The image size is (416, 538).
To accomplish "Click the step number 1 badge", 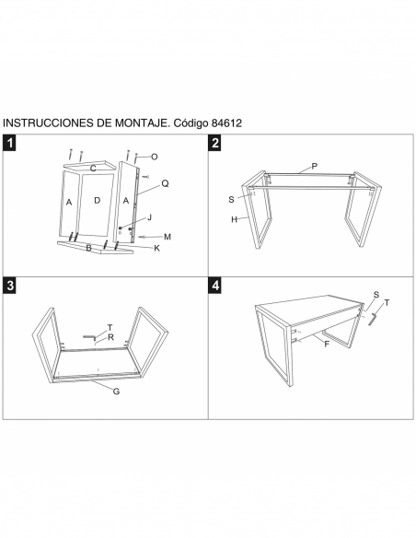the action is point(10,143).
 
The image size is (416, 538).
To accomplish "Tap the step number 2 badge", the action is point(215,143).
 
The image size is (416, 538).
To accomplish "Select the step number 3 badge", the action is point(10,286).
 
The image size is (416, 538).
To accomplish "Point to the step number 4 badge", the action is point(215,286).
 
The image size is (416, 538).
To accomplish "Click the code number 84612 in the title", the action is point(226,123).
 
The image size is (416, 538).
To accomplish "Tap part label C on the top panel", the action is point(93,169).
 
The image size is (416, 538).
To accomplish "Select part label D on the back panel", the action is point(98,200).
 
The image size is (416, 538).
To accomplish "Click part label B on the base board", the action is point(88,248).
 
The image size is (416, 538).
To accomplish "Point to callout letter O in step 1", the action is point(155,157).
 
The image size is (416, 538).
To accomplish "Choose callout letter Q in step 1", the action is point(165,184).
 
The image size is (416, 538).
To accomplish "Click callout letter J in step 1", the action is point(149,217).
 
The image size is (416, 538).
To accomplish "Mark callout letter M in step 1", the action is point(168,237).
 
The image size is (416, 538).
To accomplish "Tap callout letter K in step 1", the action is point(157,249).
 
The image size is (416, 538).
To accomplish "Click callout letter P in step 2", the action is point(314,167).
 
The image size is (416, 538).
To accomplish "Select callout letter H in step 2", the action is point(234,219).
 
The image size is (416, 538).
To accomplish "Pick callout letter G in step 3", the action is point(117,392).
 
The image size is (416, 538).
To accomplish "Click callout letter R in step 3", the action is point(110,337).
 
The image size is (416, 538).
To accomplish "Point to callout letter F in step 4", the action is point(327,344).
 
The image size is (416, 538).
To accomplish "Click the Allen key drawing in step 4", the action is point(373,319).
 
